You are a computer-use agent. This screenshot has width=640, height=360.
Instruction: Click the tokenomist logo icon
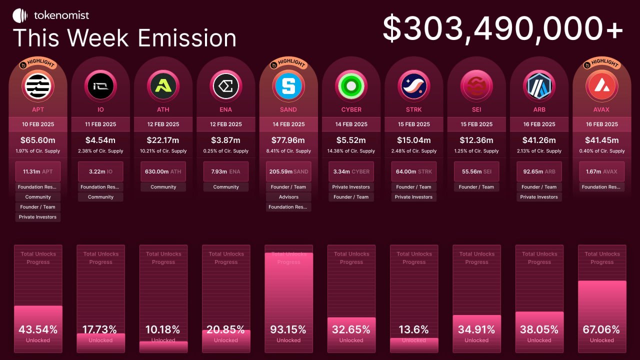[20, 15]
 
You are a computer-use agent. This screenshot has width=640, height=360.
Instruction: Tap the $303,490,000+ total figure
[502, 29]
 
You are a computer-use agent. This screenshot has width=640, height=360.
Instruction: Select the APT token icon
[38, 86]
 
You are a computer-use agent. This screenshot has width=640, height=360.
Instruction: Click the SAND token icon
[288, 86]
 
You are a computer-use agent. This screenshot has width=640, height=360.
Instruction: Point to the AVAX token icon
[601, 86]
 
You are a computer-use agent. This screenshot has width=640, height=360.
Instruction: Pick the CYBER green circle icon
[351, 86]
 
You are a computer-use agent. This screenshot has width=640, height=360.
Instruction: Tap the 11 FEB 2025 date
[100, 124]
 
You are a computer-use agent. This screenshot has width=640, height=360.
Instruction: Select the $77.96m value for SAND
[288, 140]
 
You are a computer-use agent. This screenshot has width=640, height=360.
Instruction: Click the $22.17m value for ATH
[163, 140]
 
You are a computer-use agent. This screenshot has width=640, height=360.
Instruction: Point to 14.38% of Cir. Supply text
[351, 151]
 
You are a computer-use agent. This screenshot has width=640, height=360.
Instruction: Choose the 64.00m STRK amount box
[413, 171]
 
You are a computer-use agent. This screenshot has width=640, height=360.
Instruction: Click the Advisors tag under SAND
[288, 197]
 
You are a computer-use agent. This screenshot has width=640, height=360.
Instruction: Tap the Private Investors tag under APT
[38, 217]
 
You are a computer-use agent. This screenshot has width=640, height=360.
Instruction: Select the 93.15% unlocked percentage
[288, 329]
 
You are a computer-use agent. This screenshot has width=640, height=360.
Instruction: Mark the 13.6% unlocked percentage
[413, 329]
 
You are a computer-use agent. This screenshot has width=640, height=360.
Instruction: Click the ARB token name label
[539, 109]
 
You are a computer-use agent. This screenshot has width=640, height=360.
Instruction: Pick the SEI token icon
[476, 86]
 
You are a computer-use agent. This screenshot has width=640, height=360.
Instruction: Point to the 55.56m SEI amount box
[476, 171]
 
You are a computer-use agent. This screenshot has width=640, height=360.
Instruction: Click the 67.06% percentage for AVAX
[601, 329]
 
